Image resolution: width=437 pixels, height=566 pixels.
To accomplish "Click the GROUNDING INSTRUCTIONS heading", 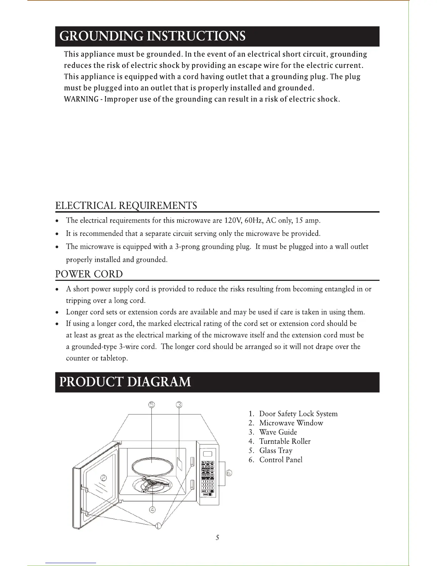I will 152,36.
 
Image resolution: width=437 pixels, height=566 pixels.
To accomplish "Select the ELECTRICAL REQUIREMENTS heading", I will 126,206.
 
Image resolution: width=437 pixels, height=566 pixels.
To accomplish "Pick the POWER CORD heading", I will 89,274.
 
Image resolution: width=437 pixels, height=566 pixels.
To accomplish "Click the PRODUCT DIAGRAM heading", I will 125,382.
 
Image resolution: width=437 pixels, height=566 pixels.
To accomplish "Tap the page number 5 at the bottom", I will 217,537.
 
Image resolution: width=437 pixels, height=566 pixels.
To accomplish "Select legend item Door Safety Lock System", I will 298,414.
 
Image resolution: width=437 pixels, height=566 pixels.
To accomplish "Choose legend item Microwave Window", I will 291,423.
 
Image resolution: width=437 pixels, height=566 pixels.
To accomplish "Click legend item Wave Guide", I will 278,432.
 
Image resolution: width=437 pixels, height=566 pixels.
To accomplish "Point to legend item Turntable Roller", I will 285,442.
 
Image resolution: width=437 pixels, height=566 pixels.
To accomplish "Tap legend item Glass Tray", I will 276,451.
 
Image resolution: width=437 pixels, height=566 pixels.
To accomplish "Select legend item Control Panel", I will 281,460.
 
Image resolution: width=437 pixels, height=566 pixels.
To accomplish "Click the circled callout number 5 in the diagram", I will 152,404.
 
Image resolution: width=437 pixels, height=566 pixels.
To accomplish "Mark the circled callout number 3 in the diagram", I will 179,404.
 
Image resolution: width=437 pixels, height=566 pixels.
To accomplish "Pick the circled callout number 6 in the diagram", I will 229,473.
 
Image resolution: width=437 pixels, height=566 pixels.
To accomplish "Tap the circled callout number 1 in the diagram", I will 158,525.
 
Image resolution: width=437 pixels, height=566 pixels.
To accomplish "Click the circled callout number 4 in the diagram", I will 152,510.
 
